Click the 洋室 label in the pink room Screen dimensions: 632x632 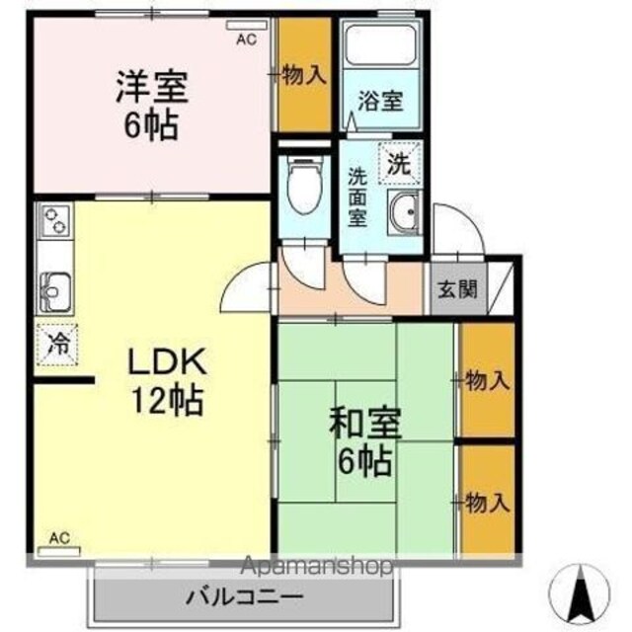point(152,87)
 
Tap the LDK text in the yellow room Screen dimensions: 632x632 point(167,361)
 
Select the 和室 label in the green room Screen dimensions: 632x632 point(365,423)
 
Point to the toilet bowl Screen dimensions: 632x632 point(305,187)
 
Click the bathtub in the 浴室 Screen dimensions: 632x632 point(380,44)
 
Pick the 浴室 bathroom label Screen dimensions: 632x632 point(380,101)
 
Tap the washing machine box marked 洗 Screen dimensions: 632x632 point(399,163)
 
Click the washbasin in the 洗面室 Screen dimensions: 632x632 point(404,212)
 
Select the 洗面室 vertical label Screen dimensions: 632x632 point(357,197)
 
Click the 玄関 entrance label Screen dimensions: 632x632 point(457,289)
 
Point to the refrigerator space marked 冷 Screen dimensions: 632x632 point(56,345)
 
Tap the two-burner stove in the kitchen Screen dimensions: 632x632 point(55,219)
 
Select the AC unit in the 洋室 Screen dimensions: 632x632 point(246,25)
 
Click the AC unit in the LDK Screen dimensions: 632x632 point(59,551)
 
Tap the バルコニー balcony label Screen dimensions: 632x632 point(244,596)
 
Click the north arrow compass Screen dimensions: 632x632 point(580,592)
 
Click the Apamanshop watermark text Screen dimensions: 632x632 point(317,566)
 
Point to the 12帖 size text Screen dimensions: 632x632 point(167,400)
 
